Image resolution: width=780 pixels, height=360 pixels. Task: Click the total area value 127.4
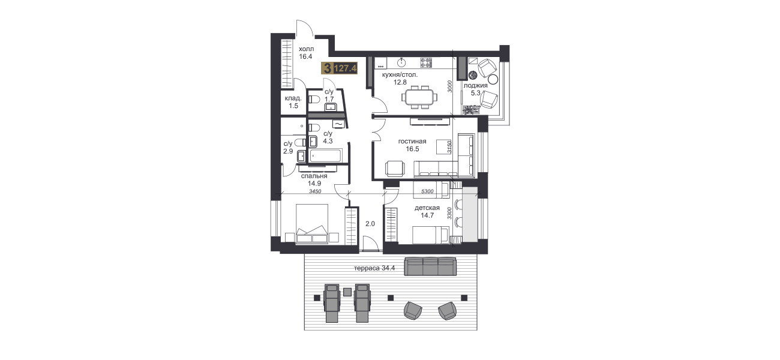[x=345, y=68]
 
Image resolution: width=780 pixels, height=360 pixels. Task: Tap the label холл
[x=306, y=49]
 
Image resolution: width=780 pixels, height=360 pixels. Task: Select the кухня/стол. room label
[x=400, y=74]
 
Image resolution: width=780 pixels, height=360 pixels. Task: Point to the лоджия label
[x=476, y=85]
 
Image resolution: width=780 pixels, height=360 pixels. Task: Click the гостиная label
[x=412, y=141]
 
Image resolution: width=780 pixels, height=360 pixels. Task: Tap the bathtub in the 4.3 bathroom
[x=326, y=155]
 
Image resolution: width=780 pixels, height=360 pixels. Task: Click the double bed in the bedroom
[x=312, y=223]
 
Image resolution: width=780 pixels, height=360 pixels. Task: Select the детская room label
[x=427, y=208]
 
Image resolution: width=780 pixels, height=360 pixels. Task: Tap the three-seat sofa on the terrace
[x=430, y=266]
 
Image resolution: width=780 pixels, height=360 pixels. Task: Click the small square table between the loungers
[x=347, y=292]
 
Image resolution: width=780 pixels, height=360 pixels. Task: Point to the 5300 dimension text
[x=427, y=191]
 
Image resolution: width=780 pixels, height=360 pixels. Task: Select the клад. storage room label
[x=293, y=98]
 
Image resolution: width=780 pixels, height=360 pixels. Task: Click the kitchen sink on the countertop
[x=402, y=62]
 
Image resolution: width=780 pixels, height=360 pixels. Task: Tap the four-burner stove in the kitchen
[x=425, y=62]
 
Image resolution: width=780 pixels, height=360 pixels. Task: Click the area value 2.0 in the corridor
[x=370, y=224]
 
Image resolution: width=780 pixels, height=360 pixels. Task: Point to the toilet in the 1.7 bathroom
[x=314, y=100]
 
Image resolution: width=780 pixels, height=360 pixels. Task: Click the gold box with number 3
[x=327, y=68]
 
